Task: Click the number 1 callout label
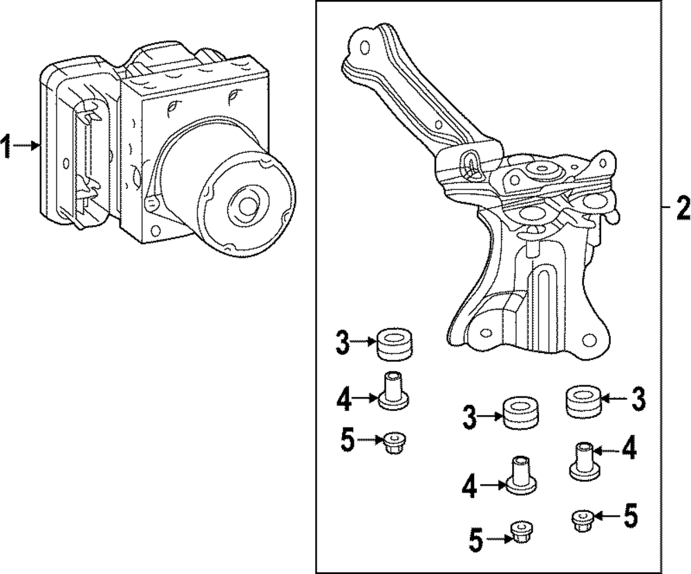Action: (x=6, y=147)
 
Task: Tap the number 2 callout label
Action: (x=683, y=208)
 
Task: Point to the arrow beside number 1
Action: (x=26, y=145)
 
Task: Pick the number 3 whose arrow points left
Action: (x=637, y=399)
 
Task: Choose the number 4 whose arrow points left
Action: (x=628, y=449)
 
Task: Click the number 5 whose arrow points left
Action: (x=631, y=515)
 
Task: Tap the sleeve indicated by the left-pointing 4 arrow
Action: (x=585, y=461)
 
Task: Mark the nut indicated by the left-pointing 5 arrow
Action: (x=583, y=520)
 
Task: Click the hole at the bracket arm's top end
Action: (x=364, y=47)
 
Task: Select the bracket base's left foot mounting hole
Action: (x=485, y=333)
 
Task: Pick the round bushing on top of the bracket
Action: (x=542, y=169)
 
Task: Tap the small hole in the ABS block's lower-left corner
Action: (x=154, y=230)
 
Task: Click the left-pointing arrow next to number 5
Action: (x=609, y=515)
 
